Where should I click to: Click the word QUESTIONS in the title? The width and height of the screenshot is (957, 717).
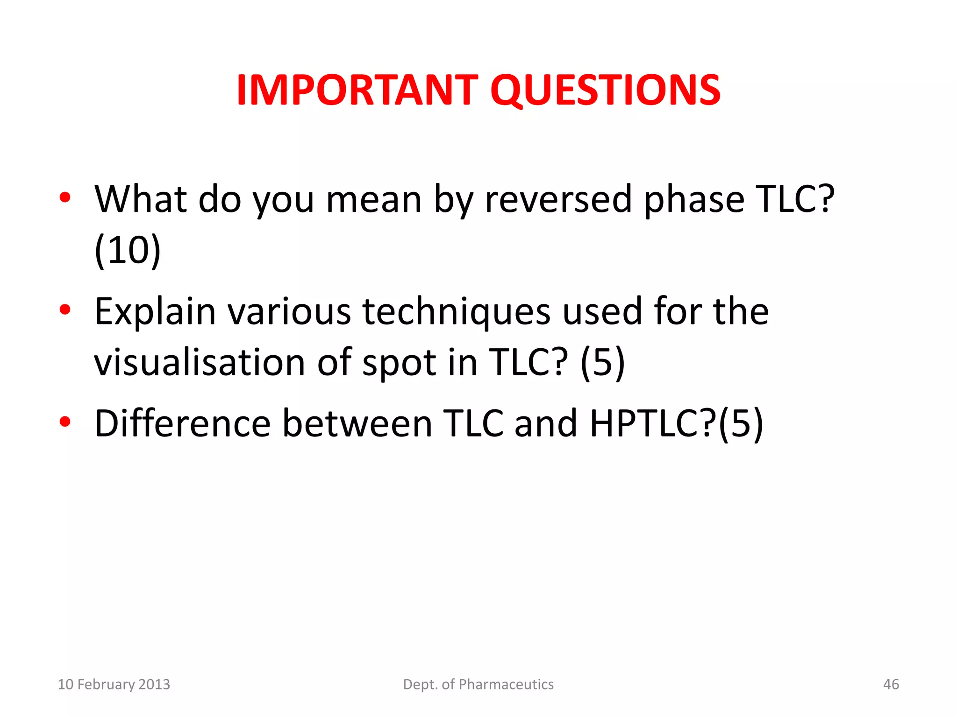tap(605, 91)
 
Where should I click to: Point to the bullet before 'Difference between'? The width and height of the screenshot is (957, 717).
tap(65, 422)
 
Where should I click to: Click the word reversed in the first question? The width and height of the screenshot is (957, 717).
tap(558, 199)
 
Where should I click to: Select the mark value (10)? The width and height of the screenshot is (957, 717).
tap(128, 251)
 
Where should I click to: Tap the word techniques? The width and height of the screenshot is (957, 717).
tap(457, 312)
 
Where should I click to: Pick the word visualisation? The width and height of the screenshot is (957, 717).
tap(200, 363)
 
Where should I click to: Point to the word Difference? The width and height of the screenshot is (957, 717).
tap(182, 423)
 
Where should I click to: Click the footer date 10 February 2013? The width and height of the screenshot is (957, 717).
tap(114, 684)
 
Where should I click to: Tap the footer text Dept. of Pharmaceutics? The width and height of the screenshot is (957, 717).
tap(478, 684)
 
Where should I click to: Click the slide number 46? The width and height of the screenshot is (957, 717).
tap(891, 684)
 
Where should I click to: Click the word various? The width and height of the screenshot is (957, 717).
tap(289, 312)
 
